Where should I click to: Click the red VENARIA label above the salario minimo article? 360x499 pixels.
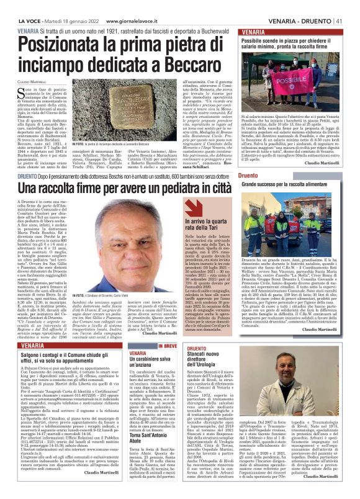(254, 31)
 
